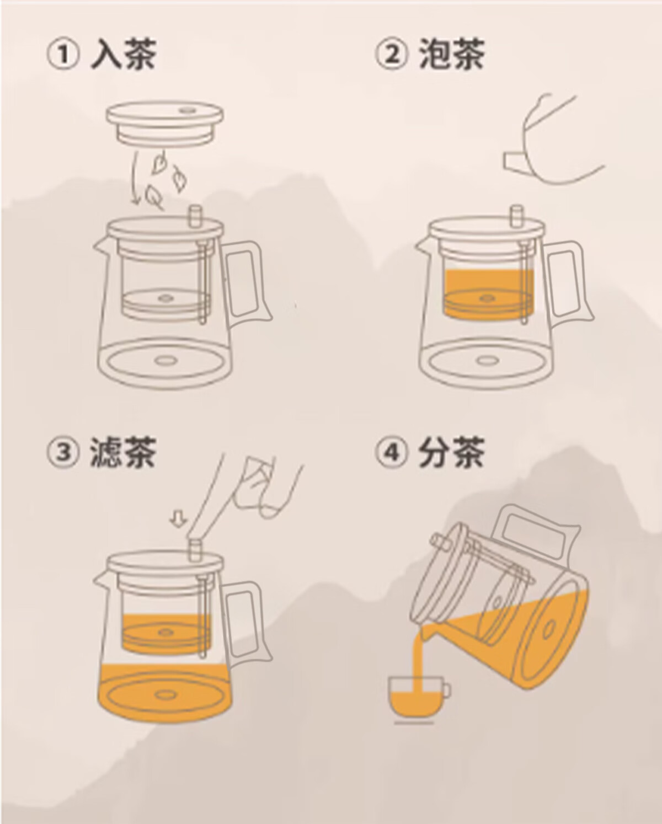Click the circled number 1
(64, 55)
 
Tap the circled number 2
(391, 55)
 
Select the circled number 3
(64, 452)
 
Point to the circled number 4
(391, 452)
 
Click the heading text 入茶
(124, 55)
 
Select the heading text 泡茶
(451, 55)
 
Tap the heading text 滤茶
(124, 452)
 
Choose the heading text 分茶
(451, 452)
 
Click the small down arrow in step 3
(179, 520)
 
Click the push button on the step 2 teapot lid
(516, 217)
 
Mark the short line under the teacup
(414, 723)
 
